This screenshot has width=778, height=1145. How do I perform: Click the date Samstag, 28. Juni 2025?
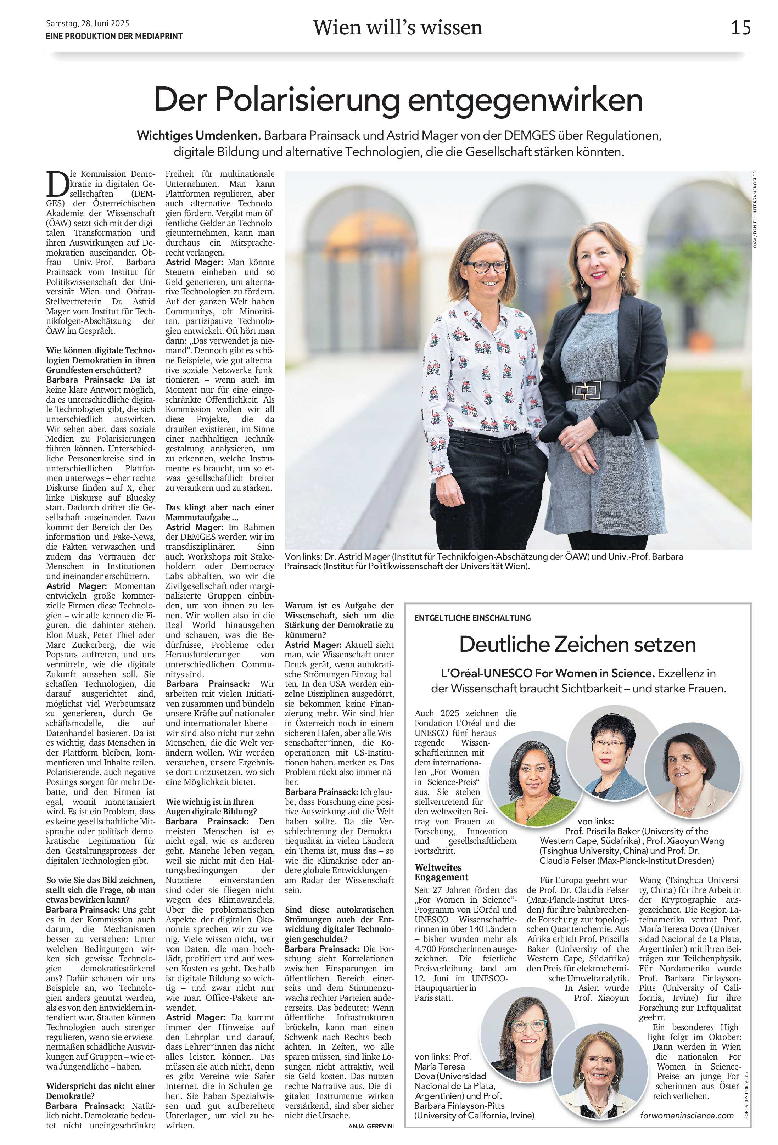[x=87, y=23]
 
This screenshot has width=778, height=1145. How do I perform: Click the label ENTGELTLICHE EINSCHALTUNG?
[x=472, y=618]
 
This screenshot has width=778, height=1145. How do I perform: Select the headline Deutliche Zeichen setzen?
[x=577, y=644]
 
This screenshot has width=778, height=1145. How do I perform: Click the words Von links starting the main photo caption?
[x=301, y=556]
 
